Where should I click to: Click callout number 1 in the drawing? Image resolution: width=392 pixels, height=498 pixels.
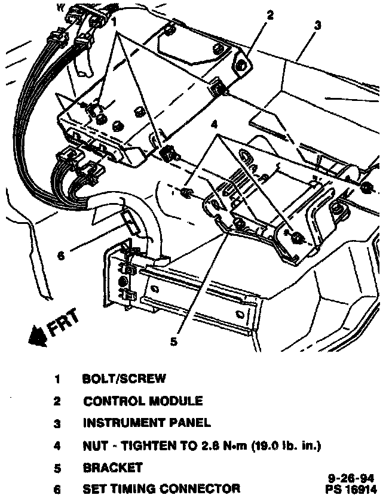tap(113, 21)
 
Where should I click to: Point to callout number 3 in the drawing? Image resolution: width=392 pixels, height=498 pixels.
tap(318, 25)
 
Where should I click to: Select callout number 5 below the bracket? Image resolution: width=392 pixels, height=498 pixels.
tap(174, 342)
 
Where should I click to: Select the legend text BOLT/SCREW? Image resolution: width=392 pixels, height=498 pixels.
tap(124, 379)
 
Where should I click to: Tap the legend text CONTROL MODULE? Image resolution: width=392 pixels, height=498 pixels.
tap(143, 401)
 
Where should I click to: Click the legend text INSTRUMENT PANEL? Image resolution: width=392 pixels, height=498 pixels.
tap(146, 423)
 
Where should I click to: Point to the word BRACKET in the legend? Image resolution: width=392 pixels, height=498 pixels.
tap(113, 467)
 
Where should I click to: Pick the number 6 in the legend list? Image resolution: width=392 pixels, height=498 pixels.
tap(57, 488)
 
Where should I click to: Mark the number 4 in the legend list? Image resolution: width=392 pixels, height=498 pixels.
tap(57, 445)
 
